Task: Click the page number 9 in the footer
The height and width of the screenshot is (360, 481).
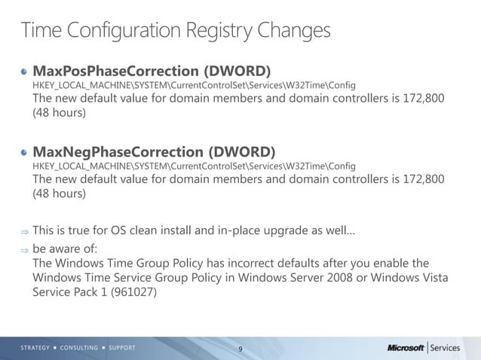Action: pos(240,349)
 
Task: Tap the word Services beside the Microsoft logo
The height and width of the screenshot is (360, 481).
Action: pos(445,348)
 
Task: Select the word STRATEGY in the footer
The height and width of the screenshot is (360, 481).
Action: pos(35,348)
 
